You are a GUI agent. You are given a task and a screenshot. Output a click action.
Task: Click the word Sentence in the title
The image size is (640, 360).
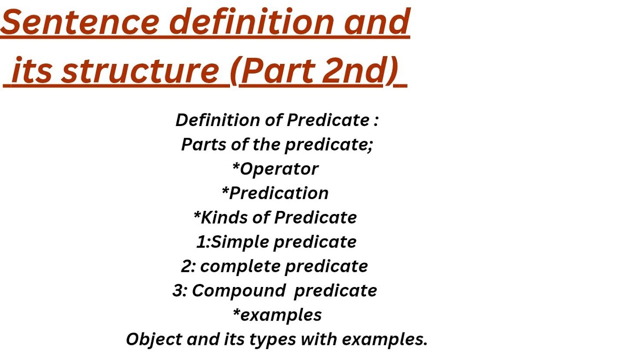point(80,22)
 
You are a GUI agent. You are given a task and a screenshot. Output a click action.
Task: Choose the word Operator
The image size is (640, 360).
point(279,169)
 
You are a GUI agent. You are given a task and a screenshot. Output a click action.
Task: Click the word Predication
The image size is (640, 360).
point(279,193)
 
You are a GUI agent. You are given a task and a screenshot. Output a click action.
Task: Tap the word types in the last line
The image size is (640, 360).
point(260,340)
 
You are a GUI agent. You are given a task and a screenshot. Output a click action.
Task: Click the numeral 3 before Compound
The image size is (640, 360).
point(178,290)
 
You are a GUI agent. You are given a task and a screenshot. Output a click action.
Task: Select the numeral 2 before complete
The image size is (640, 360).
point(186,266)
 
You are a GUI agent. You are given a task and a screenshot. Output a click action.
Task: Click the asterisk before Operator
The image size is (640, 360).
point(235,166)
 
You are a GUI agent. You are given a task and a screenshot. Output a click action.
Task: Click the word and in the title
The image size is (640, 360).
point(378,22)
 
